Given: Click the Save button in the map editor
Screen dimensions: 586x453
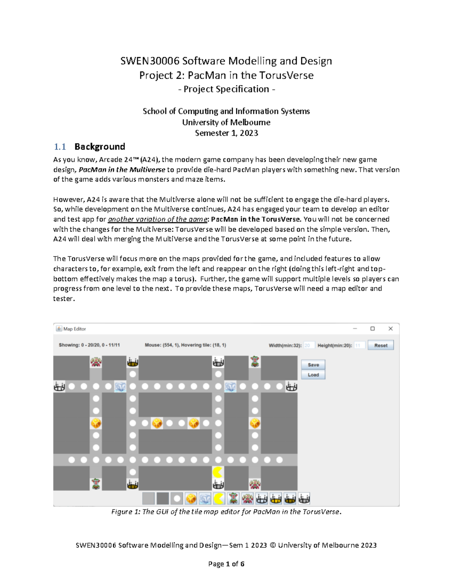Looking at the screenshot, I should pyautogui.click(x=313, y=365).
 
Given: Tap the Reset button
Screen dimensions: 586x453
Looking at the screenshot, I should pyautogui.click(x=381, y=345).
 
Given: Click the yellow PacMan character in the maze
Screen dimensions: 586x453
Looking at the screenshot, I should pyautogui.click(x=218, y=472).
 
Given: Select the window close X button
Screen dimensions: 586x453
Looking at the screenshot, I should pyautogui.click(x=390, y=329).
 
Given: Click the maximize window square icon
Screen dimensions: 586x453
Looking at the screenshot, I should pyautogui.click(x=372, y=329).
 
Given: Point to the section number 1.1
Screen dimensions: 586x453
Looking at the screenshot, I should pyautogui.click(x=60, y=147).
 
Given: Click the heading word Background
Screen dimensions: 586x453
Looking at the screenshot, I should pyautogui.click(x=100, y=147).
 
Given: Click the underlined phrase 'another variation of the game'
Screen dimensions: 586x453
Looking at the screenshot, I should pyautogui.click(x=157, y=219).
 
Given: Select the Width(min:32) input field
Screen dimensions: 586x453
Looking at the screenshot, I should pyautogui.click(x=309, y=345).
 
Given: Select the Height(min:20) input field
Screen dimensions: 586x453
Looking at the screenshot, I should pyautogui.click(x=359, y=345).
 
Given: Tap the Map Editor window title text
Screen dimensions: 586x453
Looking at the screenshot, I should pyautogui.click(x=74, y=329).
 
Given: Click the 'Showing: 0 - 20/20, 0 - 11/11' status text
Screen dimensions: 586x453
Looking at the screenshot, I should pyautogui.click(x=89, y=345).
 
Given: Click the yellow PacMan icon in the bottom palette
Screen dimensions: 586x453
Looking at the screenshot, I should pyautogui.click(x=219, y=498).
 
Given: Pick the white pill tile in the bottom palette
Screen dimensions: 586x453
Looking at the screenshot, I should pyautogui.click(x=177, y=498).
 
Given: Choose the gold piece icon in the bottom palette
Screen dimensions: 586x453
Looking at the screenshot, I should pyautogui.click(x=191, y=498).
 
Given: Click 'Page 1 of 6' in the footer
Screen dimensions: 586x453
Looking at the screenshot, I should pyautogui.click(x=226, y=564).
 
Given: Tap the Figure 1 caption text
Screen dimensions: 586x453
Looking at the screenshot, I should pyautogui.click(x=226, y=512).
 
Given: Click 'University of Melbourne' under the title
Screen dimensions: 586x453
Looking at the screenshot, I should pyautogui.click(x=226, y=122).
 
